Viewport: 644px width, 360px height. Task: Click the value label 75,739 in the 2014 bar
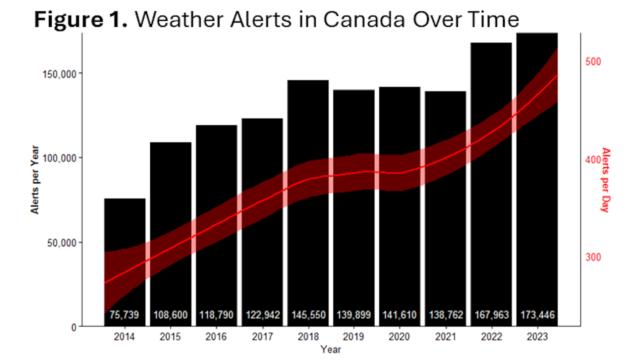point(124,315)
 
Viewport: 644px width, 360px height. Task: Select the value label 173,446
point(537,315)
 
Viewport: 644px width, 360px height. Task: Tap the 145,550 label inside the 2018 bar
point(308,315)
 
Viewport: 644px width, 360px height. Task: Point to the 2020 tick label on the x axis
point(399,337)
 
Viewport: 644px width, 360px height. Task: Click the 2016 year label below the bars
point(216,337)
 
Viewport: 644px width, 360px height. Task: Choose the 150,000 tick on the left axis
point(59,74)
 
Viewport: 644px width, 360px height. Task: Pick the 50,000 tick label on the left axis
point(62,243)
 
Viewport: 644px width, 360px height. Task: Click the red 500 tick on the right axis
point(593,62)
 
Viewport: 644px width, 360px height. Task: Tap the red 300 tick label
point(593,257)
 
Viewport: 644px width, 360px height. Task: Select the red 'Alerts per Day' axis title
point(605,180)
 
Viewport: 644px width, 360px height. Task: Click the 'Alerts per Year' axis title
point(35,180)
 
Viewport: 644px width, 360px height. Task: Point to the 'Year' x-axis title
point(330,350)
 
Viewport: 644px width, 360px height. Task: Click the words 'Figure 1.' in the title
point(80,19)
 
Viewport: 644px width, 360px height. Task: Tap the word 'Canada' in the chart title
point(364,19)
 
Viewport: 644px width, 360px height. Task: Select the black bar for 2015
point(171,218)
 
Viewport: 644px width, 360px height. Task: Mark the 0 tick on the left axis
point(74,327)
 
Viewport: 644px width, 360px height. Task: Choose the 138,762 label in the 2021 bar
point(446,315)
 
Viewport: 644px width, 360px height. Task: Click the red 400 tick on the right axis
point(593,160)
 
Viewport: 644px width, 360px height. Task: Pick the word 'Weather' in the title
point(179,19)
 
